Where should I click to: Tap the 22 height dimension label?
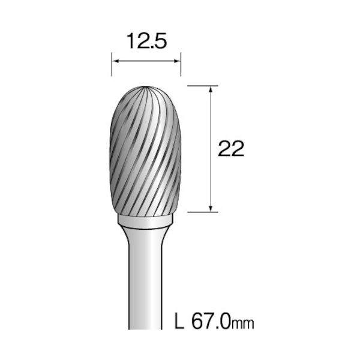pyautogui.click(x=231, y=149)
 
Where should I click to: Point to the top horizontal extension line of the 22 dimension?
pyautogui.click(x=202, y=86)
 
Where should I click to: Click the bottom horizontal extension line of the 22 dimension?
pyautogui.click(x=202, y=211)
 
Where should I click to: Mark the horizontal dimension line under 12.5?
pyautogui.click(x=146, y=60)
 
